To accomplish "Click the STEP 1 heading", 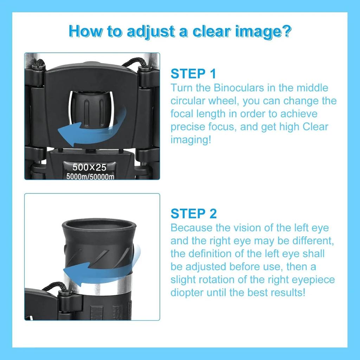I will pyautogui.click(x=193, y=74).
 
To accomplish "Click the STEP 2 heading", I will pyautogui.click(x=194, y=214).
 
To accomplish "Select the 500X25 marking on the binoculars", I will pyautogui.click(x=89, y=167).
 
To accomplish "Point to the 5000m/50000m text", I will pyautogui.click(x=90, y=176).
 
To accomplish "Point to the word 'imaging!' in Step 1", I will pyautogui.click(x=191, y=140).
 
